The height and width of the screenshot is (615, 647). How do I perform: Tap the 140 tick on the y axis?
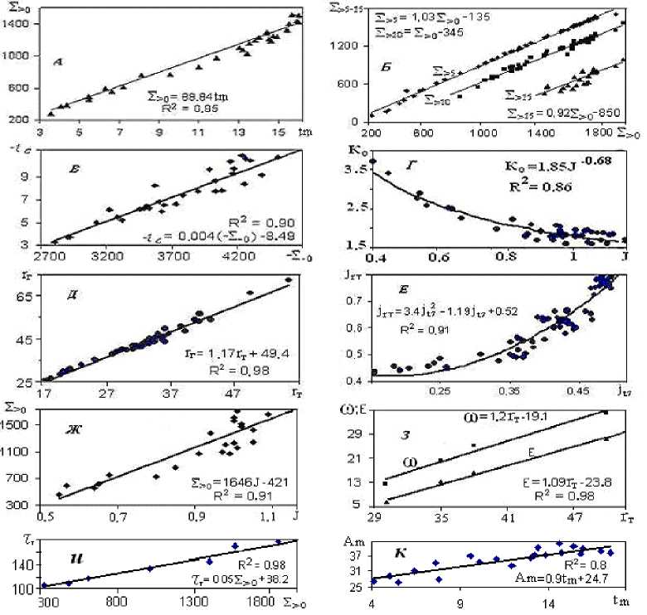pos(22,564)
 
